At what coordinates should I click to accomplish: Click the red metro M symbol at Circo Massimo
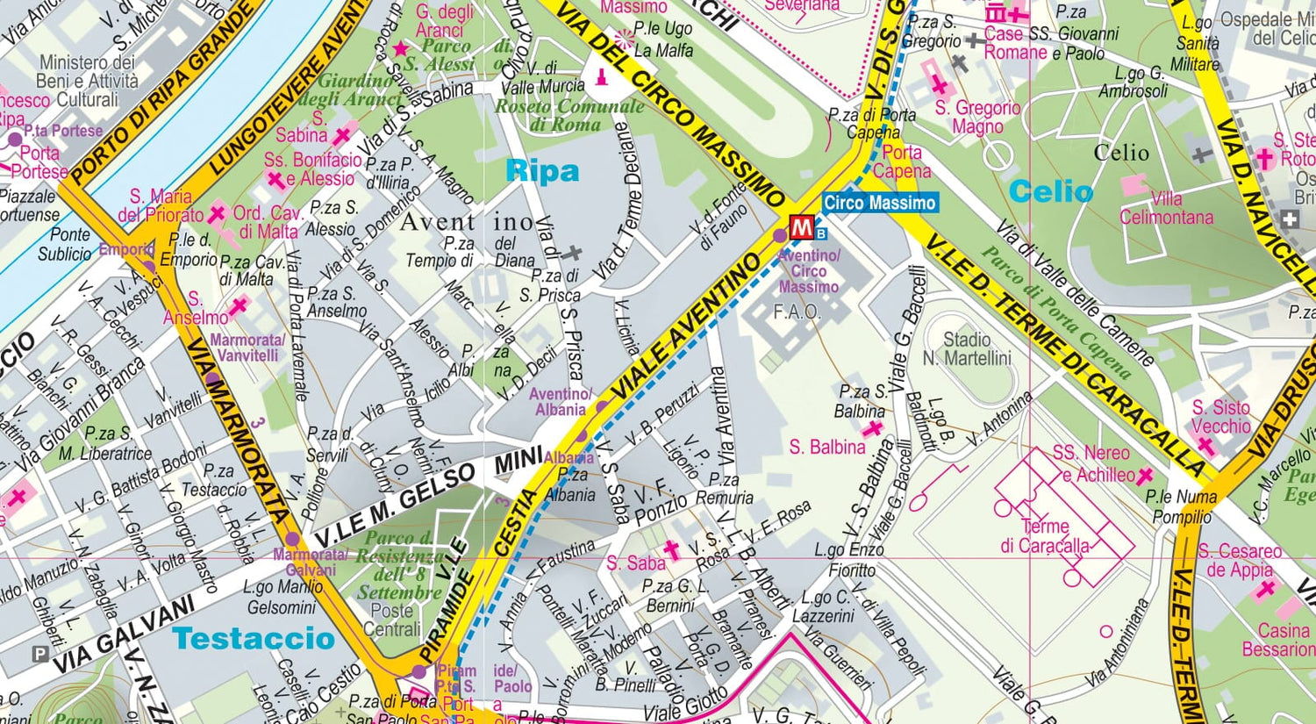tap(801, 227)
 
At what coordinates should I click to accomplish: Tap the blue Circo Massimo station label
tap(879, 203)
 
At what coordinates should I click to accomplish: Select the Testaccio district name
tap(254, 638)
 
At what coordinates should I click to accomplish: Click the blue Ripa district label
tap(542, 171)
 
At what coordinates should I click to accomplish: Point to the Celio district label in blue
tap(1050, 191)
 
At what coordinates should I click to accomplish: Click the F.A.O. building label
tap(797, 312)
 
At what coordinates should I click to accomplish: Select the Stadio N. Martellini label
tap(966, 348)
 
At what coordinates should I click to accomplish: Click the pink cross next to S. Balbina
tap(872, 429)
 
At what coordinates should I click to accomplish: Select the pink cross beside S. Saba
tap(671, 550)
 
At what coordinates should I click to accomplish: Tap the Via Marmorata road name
tap(241, 439)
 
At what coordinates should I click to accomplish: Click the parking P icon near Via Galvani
tap(39, 654)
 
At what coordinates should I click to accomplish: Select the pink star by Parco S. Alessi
tap(401, 49)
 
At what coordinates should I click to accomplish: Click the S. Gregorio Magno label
tap(977, 117)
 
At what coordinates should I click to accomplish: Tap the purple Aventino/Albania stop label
tap(560, 402)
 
